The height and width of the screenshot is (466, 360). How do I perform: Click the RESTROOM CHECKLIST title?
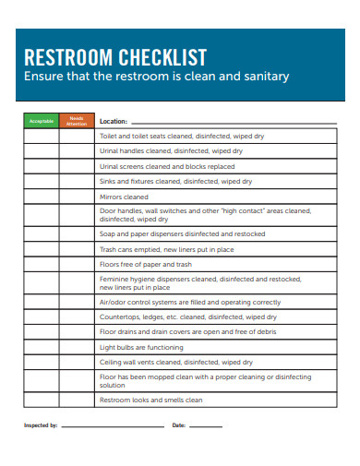point(114,57)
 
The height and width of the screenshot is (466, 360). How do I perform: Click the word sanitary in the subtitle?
point(262,77)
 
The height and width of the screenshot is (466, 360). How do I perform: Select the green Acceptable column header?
point(42,121)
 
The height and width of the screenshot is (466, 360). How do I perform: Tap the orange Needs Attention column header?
point(77,121)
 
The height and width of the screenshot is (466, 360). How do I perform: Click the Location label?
point(113,121)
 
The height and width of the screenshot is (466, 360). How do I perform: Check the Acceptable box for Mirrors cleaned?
point(42,197)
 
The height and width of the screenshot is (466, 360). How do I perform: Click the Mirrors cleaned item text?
point(124,197)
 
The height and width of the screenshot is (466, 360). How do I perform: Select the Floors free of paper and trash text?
point(145,265)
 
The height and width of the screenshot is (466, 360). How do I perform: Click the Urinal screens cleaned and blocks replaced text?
point(166,166)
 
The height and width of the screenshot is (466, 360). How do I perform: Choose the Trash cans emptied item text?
point(166,249)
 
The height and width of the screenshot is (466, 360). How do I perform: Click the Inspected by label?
point(41,425)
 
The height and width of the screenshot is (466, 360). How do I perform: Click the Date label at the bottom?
point(179,425)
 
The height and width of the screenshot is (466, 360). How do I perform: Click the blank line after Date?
point(205,426)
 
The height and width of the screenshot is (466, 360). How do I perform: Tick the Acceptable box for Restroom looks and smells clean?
point(42,400)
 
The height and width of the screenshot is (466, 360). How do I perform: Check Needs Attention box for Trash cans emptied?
point(77,249)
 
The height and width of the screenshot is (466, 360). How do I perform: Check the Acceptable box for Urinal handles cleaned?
point(42,150)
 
